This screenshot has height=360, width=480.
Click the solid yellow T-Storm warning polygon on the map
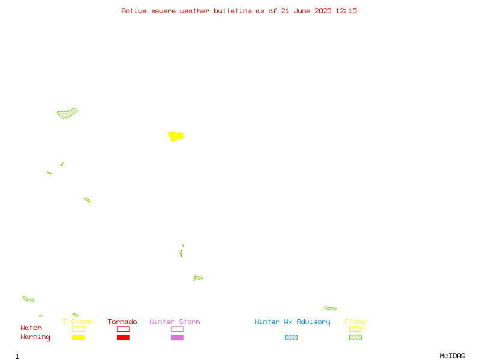(x=176, y=137)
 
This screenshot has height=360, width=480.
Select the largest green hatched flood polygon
(x=67, y=113)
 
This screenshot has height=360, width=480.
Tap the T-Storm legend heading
(x=77, y=322)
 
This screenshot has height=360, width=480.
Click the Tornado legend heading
(x=122, y=322)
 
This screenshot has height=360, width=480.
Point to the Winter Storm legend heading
(x=175, y=322)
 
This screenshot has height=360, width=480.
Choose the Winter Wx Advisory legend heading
(x=292, y=322)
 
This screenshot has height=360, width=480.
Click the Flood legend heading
(x=355, y=322)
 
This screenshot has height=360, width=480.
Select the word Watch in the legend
(x=31, y=328)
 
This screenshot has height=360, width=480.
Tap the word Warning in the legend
(x=35, y=337)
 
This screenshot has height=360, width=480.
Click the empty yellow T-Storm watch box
(x=79, y=329)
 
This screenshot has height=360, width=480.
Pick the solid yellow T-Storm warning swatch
(x=79, y=337)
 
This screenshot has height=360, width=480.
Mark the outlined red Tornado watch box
(x=124, y=329)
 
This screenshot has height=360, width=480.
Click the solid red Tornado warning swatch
(x=124, y=337)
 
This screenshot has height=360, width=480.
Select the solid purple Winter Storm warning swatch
(x=177, y=337)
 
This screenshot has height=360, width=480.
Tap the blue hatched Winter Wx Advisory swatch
(x=291, y=337)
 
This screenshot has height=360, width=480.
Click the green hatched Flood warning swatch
(x=355, y=337)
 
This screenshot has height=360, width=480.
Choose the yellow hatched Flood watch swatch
(x=355, y=329)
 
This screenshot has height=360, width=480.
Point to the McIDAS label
(x=452, y=356)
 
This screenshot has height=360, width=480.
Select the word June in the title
(x=302, y=11)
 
